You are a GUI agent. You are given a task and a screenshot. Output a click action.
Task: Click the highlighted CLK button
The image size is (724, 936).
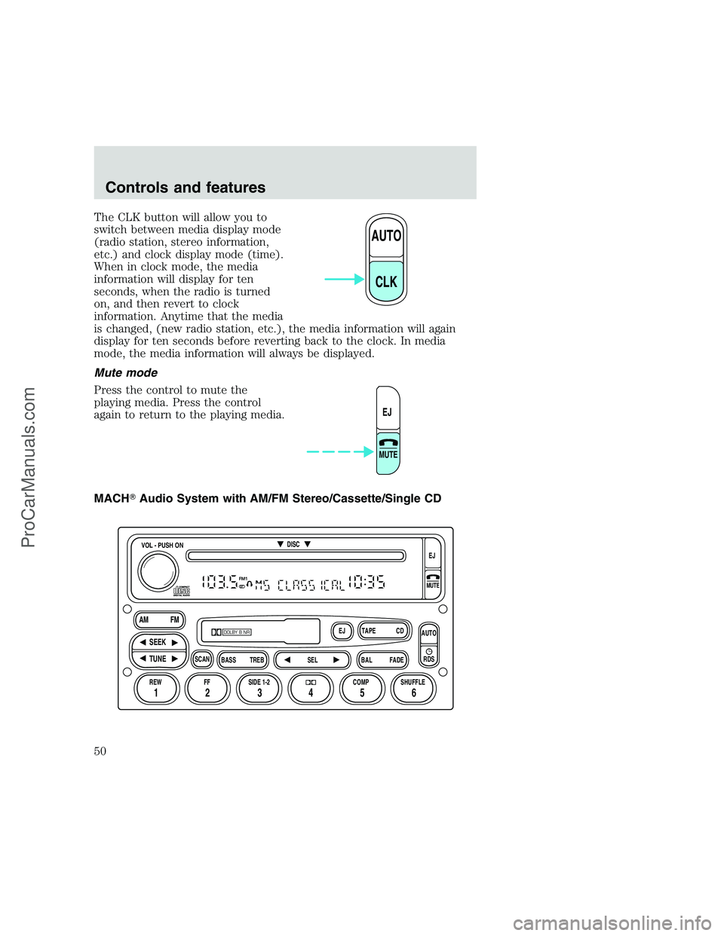pyautogui.click(x=386, y=280)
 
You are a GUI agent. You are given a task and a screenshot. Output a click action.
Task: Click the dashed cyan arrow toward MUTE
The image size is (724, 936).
pyautogui.click(x=340, y=452)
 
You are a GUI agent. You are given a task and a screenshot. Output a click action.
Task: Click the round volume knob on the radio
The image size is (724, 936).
pyautogui.click(x=158, y=570)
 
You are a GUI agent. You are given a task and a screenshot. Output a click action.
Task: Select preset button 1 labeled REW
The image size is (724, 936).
pyautogui.click(x=155, y=688)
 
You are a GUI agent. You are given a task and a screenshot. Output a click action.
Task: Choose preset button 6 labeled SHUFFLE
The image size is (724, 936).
pyautogui.click(x=413, y=688)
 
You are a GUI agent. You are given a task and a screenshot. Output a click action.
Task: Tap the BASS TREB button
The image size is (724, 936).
pyautogui.click(x=243, y=660)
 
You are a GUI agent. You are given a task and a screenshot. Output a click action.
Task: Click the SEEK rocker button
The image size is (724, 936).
pyautogui.click(x=158, y=642)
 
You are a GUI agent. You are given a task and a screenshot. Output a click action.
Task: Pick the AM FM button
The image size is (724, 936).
pyautogui.click(x=159, y=619)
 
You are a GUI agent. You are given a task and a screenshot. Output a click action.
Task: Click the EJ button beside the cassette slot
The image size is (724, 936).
pyautogui.click(x=342, y=631)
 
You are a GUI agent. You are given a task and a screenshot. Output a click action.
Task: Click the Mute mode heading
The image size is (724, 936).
pyautogui.click(x=126, y=372)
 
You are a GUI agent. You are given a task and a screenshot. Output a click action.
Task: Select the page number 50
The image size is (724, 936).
pyautogui.click(x=100, y=751)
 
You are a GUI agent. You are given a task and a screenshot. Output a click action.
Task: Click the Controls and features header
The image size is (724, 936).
pyautogui.click(x=186, y=188)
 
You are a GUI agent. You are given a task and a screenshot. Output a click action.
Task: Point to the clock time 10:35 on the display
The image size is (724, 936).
pyautogui.click(x=367, y=583)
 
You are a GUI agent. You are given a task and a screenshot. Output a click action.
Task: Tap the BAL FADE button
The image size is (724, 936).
pyautogui.click(x=382, y=660)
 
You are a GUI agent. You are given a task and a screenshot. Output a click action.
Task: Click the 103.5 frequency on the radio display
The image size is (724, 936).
pyautogui.click(x=219, y=583)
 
